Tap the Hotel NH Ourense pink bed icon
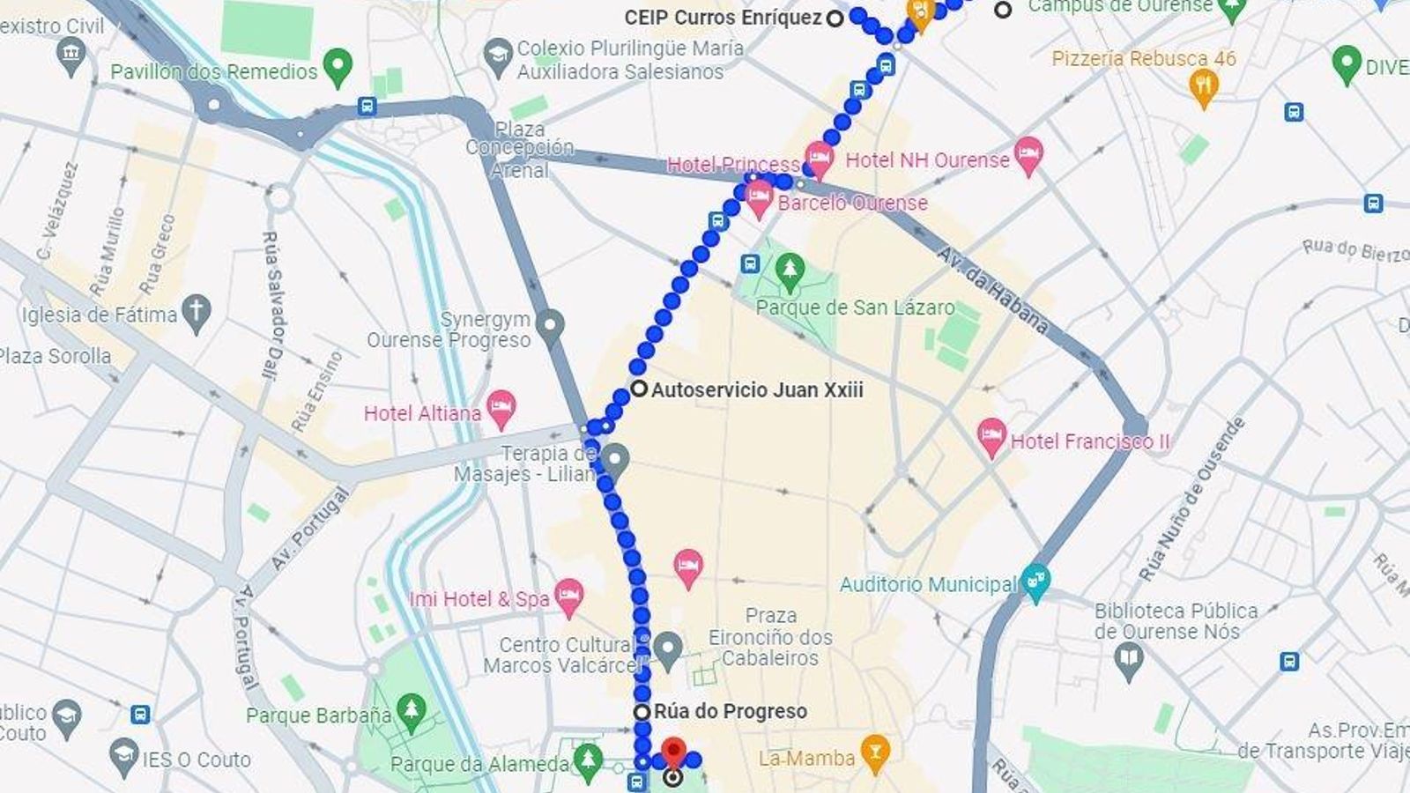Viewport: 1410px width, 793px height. (1028, 155)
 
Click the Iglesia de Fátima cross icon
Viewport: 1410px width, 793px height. (197, 312)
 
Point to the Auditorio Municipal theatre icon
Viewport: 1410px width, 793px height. (1036, 582)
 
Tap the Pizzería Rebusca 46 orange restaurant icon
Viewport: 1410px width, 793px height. (1204, 85)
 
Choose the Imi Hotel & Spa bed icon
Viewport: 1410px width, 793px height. (569, 597)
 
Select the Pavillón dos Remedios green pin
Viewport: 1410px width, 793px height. (338, 66)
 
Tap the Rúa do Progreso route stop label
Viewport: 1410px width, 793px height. (730, 711)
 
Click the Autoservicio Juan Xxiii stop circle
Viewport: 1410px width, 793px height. (639, 389)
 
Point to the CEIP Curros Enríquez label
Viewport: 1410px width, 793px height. (723, 18)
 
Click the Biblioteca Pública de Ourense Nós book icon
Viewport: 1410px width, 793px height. (1129, 657)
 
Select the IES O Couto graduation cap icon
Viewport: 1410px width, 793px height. (124, 755)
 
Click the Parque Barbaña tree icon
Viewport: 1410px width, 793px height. (411, 710)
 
